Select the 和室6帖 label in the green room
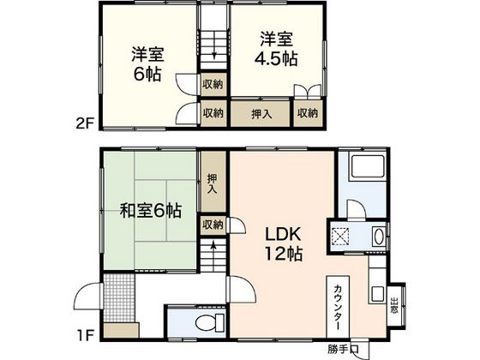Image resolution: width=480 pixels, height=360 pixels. (151, 209)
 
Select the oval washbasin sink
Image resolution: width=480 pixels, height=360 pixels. (381, 239)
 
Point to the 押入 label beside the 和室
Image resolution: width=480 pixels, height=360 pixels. (212, 184)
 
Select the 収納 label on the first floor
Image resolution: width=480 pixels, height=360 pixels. (212, 224)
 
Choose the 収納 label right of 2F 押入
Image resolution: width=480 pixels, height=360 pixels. (308, 112)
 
